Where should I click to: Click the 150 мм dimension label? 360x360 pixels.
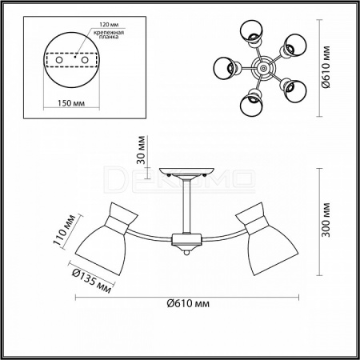tap(71, 103)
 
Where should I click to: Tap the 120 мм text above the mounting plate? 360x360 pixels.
tap(109, 25)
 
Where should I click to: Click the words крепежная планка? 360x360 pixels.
tap(109, 34)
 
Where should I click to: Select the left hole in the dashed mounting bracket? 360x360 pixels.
tap(59, 60)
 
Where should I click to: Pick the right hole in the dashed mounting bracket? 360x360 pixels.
tap(85, 60)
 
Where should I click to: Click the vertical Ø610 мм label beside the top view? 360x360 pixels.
tap(326, 67)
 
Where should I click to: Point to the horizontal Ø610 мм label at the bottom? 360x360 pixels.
tap(188, 303)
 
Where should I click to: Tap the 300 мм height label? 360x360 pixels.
tap(326, 220)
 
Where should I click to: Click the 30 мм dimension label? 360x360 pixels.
tap(142, 150)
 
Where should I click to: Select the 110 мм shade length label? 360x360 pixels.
tap(64, 230)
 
